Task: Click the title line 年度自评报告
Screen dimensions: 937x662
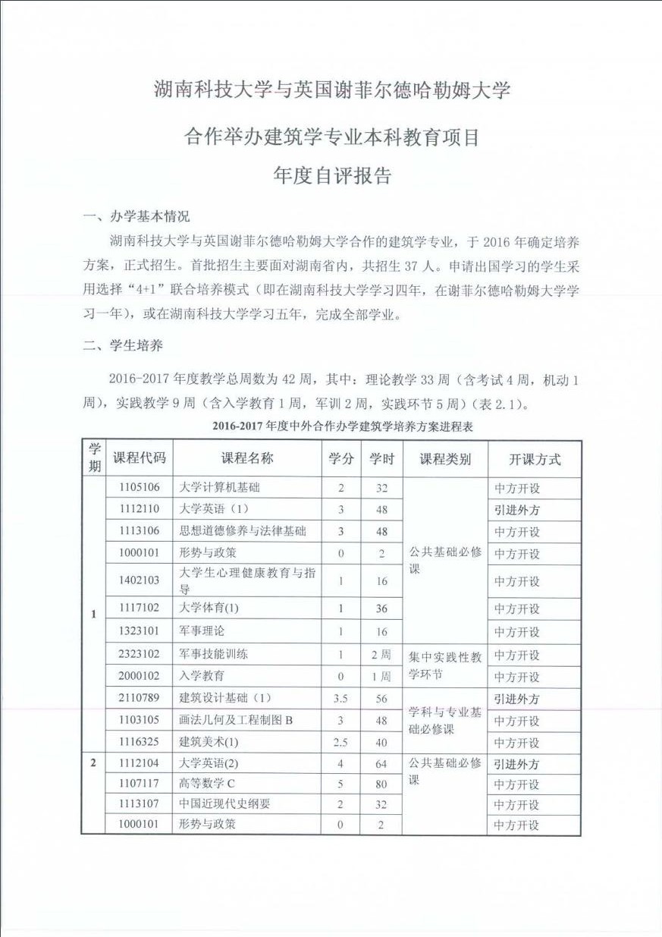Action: pos(332,176)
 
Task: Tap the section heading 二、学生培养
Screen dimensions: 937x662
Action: pos(123,345)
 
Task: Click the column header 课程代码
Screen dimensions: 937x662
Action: pos(139,458)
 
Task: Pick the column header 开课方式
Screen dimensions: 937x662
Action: pos(534,459)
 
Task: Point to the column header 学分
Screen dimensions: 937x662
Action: pos(340,458)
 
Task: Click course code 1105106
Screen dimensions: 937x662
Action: pos(139,488)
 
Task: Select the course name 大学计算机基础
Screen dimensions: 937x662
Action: pos(219,488)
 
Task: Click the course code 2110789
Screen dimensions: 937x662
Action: pos(139,699)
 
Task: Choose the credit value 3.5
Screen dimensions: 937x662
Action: pos(340,699)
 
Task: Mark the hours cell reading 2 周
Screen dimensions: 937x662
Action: pos(381,654)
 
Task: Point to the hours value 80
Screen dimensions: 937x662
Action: pos(381,784)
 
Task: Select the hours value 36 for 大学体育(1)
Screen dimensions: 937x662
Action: pos(381,608)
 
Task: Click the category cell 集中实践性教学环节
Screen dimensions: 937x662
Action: pos(445,665)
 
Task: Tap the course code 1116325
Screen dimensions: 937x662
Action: pos(139,742)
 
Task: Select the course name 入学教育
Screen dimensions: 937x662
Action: pos(202,676)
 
